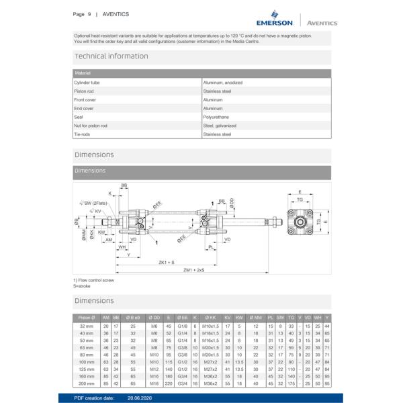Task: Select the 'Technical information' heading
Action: point(111,56)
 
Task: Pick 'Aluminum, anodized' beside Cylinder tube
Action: point(222,83)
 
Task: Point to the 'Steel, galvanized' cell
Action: point(220,125)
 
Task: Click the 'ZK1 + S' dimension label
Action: point(167,262)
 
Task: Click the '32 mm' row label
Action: point(87,326)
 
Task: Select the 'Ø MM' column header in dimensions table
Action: point(256,316)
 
